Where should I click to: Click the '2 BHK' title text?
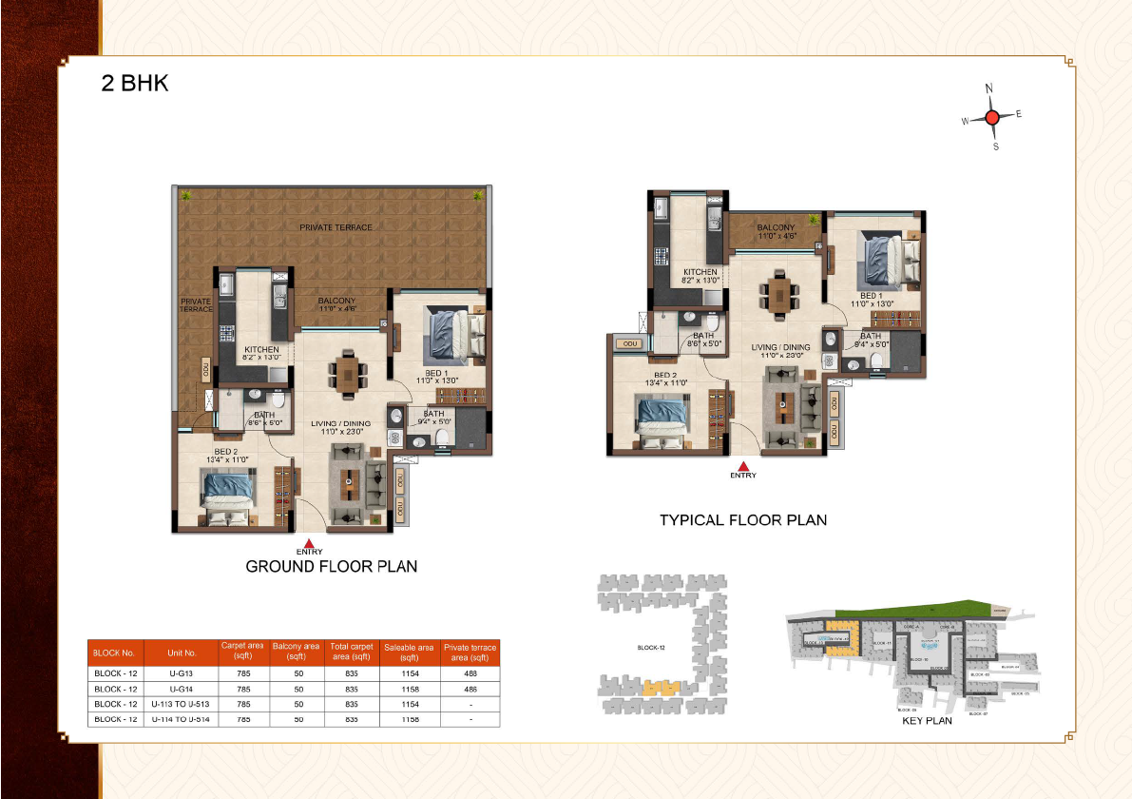(135, 83)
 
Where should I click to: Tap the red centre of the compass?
(991, 118)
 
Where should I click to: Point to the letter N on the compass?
(989, 88)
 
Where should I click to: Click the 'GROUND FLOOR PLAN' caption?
(331, 566)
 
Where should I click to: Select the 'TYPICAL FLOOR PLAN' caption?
(743, 519)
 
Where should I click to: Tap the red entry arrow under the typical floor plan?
(743, 465)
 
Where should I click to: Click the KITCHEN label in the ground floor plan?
(261, 350)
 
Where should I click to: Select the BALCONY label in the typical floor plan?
(776, 228)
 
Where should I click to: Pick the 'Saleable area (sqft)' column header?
(409, 653)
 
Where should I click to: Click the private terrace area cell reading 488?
(470, 673)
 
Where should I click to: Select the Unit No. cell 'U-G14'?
(182, 689)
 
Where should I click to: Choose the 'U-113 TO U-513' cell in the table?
(180, 704)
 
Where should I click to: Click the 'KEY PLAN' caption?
(927, 721)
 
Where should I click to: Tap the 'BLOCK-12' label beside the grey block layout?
(651, 648)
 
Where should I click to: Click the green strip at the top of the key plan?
(912, 609)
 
